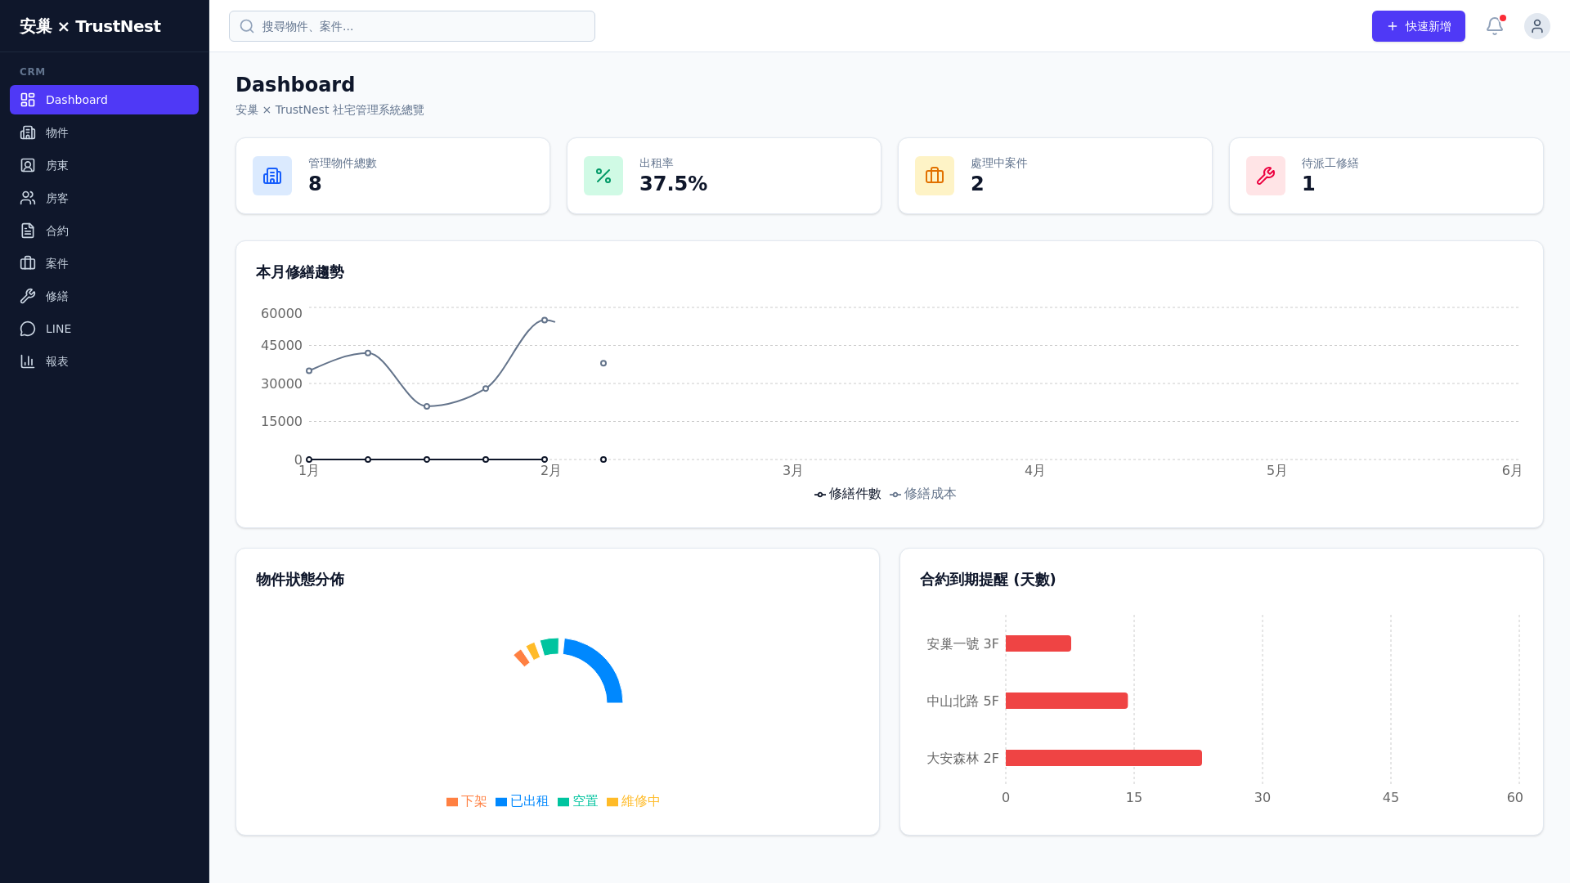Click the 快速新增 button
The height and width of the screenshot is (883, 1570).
(1418, 26)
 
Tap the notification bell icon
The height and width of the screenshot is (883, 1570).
(1494, 26)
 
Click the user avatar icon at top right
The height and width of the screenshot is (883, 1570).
(1536, 26)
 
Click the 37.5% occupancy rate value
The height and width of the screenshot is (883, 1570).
(673, 184)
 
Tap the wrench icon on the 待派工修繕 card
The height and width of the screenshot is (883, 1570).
(1265, 176)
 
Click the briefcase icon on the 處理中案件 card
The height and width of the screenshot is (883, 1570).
(934, 176)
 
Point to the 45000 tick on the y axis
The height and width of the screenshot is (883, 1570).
(281, 346)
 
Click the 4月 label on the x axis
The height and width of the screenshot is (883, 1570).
(1034, 471)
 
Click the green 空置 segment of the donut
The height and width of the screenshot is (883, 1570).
(550, 647)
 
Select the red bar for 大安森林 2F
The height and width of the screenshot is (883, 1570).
(1103, 758)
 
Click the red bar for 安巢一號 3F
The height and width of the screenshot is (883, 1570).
(1038, 643)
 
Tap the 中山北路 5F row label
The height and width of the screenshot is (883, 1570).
(962, 701)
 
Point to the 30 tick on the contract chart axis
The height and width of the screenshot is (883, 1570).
(1262, 798)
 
